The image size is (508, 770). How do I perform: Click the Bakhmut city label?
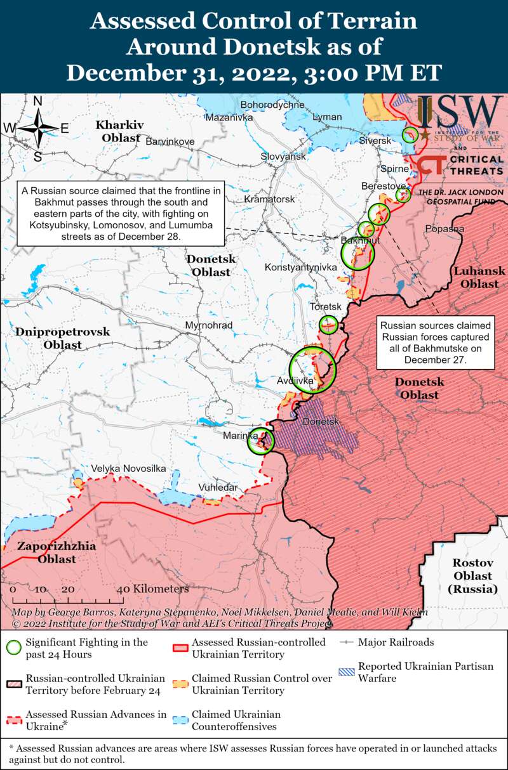click(360, 242)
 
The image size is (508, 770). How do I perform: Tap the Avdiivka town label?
click(295, 381)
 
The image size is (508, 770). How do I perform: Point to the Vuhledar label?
click(218, 487)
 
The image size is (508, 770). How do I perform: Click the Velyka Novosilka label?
click(128, 468)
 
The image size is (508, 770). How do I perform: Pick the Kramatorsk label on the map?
click(270, 199)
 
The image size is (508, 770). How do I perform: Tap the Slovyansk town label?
click(283, 156)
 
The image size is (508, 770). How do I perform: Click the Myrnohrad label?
click(208, 325)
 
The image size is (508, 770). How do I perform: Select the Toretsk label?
click(325, 306)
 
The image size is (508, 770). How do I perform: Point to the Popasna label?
click(444, 228)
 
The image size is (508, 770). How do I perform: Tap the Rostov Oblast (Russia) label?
click(473, 576)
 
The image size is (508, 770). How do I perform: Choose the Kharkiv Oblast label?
click(119, 130)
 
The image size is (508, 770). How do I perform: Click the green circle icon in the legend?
click(13, 648)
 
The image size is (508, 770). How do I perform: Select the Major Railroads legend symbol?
click(346, 643)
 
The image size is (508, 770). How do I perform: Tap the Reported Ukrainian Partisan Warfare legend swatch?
click(346, 672)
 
